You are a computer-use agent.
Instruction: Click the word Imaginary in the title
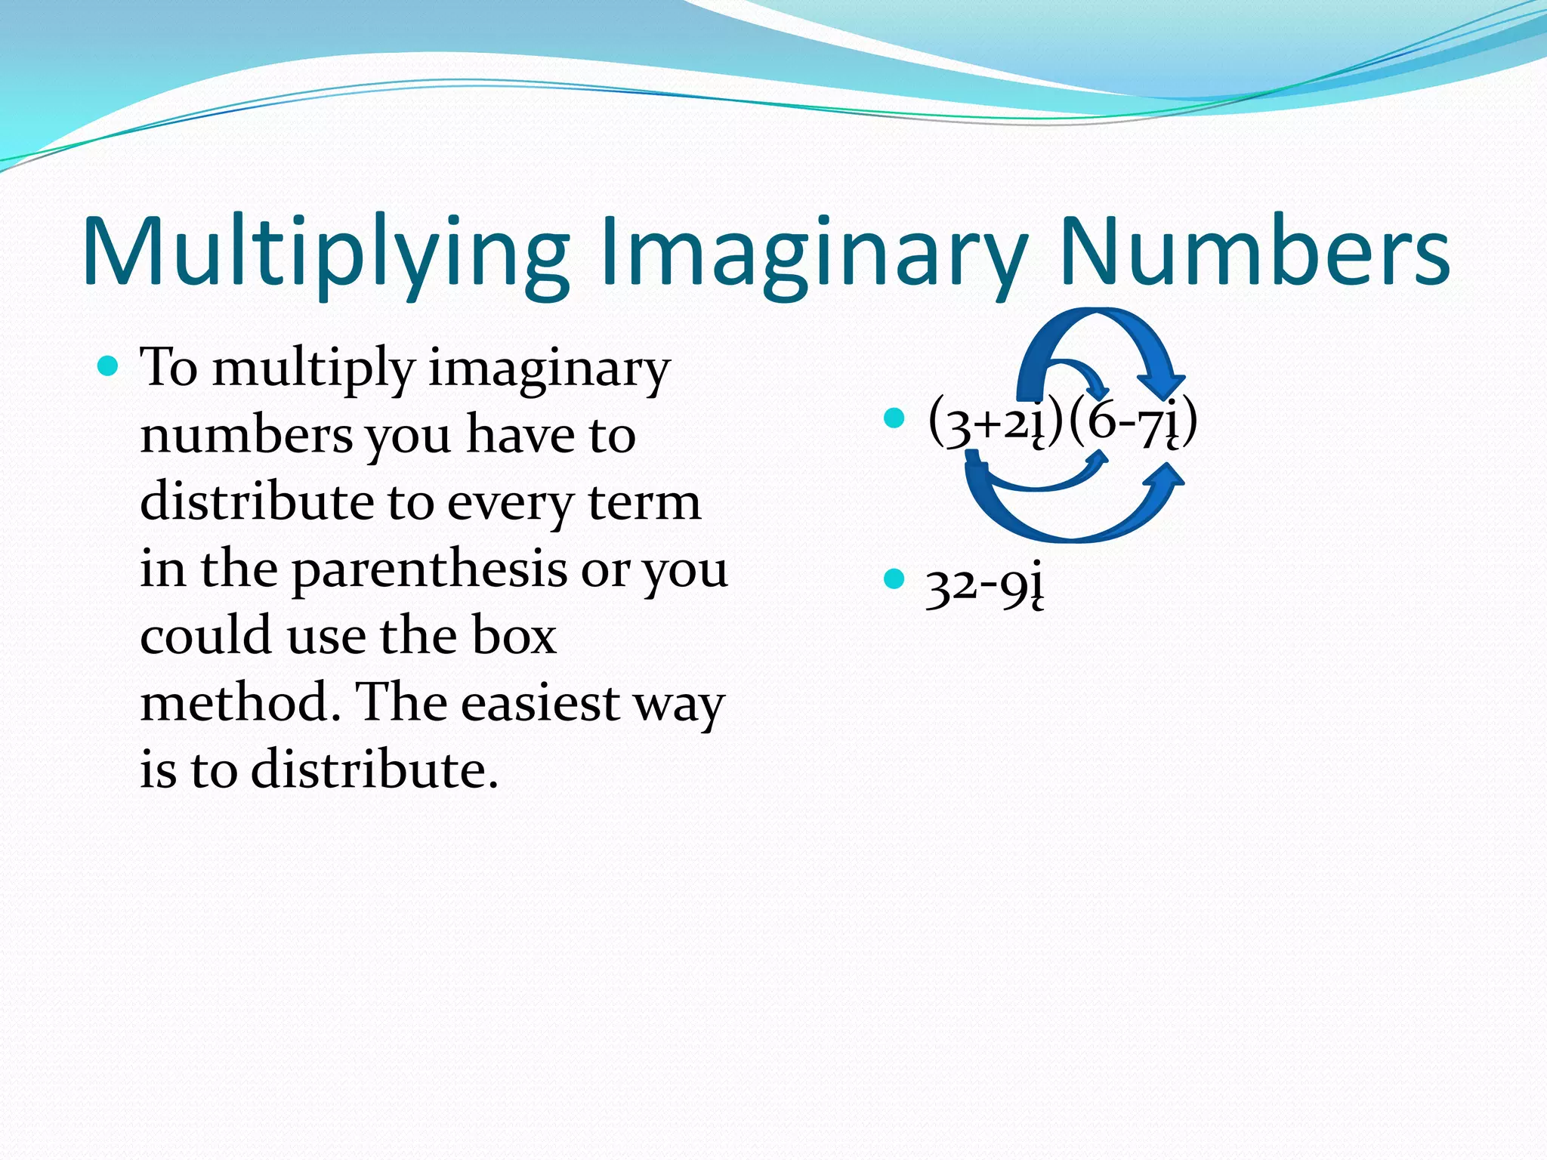click(x=813, y=253)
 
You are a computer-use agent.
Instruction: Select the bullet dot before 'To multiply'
click(x=109, y=367)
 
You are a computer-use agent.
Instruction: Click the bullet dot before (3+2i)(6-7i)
click(x=894, y=418)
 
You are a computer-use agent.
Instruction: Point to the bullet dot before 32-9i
click(x=894, y=579)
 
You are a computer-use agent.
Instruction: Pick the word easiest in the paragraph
click(x=540, y=703)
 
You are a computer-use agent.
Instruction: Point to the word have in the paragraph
click(x=520, y=436)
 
